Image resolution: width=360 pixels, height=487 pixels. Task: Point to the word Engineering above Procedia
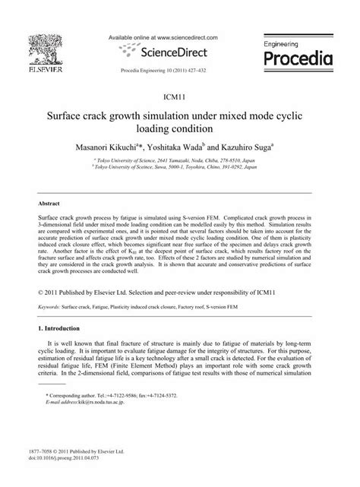pyautogui.click(x=286, y=45)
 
